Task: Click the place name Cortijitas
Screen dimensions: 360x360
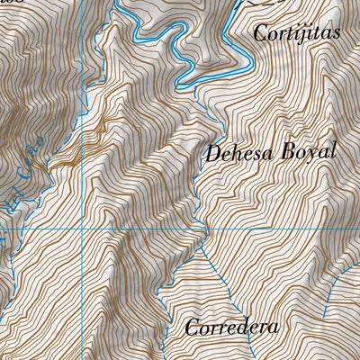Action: point(297,34)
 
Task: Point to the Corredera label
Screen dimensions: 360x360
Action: point(232,327)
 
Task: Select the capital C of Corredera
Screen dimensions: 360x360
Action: point(193,328)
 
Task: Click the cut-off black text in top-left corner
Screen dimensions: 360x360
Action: point(7,3)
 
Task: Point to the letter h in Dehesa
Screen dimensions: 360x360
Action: point(237,152)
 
